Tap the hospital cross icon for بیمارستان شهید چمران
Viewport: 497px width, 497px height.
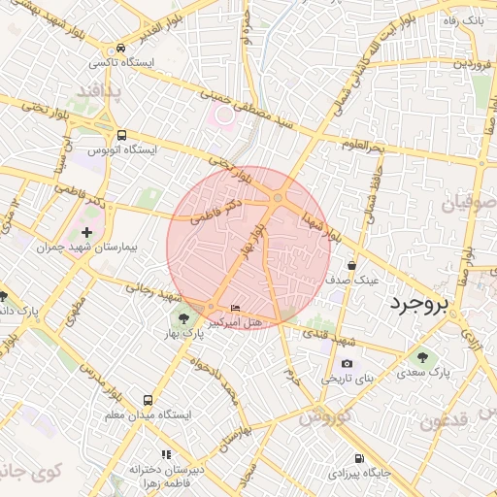(x=87, y=232)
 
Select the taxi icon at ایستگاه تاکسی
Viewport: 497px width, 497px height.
(x=120, y=48)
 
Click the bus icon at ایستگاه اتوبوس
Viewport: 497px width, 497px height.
(x=120, y=135)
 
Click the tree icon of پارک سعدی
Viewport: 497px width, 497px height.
(x=424, y=356)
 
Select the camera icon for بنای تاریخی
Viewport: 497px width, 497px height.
(x=347, y=364)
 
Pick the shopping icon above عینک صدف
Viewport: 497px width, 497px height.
(x=351, y=264)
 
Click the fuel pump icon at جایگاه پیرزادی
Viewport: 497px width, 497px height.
(x=359, y=458)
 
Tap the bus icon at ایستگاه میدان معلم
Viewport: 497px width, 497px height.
(x=148, y=400)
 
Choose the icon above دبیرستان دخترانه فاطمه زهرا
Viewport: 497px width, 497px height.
(x=166, y=453)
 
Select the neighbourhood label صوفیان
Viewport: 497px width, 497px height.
(x=470, y=205)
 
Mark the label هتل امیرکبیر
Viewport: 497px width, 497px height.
(x=234, y=322)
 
